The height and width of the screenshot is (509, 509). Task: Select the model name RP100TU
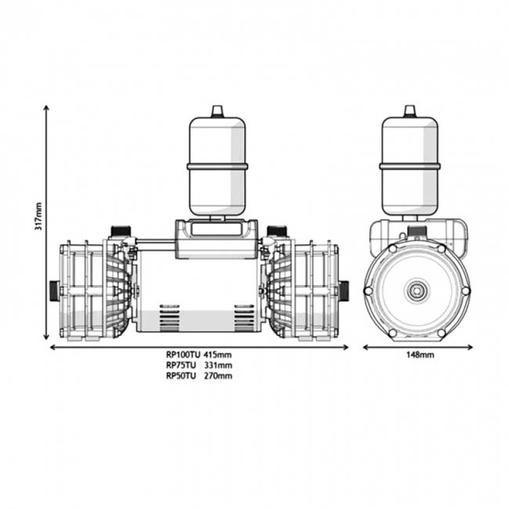pos(181,355)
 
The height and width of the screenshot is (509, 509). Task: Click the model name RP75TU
pos(179,365)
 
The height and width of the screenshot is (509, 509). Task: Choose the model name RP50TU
pos(179,375)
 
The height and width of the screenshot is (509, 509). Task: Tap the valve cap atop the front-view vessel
pos(217,110)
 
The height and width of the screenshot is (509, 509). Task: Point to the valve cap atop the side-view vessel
pos(410,110)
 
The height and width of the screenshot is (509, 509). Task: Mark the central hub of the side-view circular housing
pos(416,291)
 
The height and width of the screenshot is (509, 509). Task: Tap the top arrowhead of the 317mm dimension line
pos(47,107)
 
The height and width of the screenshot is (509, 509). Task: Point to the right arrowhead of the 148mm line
pos(471,346)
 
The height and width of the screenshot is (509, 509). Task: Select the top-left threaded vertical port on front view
pos(120,232)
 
